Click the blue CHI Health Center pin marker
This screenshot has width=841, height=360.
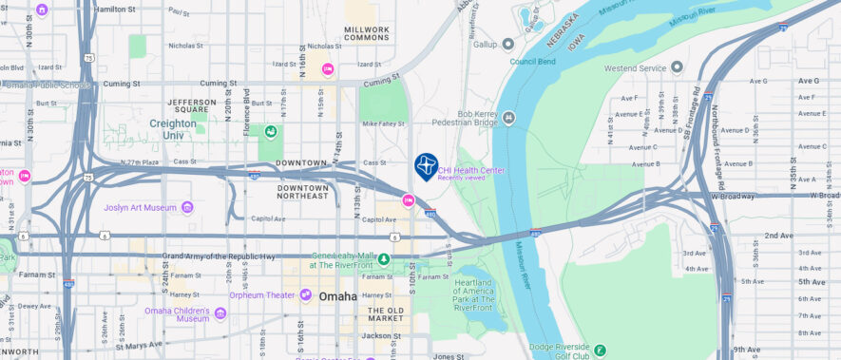click(426, 166)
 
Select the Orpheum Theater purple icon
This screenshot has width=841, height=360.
click(305, 294)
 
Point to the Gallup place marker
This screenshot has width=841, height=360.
click(507, 44)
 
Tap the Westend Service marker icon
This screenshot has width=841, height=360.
click(677, 67)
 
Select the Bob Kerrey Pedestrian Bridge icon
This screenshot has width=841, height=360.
click(508, 118)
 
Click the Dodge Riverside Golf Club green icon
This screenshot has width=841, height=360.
click(600, 351)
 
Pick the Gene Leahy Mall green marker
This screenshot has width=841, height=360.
click(384, 259)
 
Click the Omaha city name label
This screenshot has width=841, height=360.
click(338, 296)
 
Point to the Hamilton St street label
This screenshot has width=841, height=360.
click(115, 9)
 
